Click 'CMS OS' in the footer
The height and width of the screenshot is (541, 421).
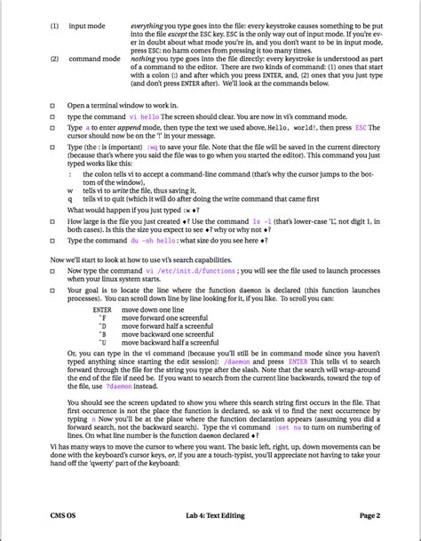point(64,515)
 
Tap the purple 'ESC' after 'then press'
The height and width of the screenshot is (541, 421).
point(360,128)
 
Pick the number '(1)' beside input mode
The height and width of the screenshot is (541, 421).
point(54,26)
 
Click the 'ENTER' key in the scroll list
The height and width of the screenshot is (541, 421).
point(102,309)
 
